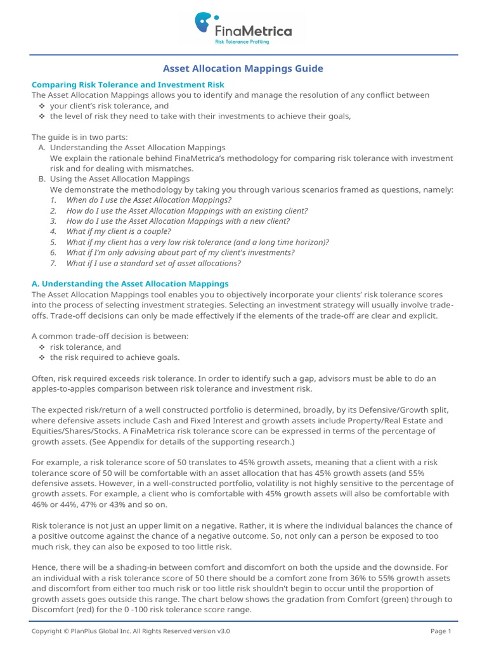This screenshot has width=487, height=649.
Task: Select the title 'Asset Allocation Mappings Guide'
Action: pos(243,68)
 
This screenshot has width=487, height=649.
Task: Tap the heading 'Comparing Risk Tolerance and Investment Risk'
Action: pos(128,84)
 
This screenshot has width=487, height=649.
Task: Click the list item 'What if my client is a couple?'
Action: pos(119,231)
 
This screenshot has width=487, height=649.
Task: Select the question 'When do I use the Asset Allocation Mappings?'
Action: pos(149,200)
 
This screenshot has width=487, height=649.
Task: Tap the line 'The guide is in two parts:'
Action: pos(79,137)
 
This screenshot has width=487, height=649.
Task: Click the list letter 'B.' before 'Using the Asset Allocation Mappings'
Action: pos(42,179)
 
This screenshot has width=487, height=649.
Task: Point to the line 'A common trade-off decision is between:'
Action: pos(110,336)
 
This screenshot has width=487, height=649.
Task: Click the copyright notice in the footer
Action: pos(131,631)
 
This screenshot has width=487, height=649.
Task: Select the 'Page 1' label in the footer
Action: pos(441,631)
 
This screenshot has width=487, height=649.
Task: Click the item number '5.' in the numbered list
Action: pos(54,242)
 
